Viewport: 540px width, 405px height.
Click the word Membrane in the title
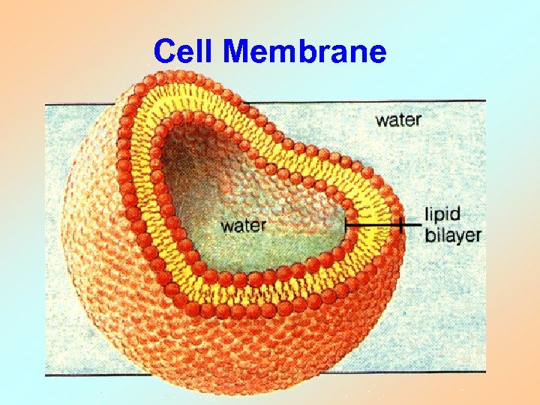point(305,52)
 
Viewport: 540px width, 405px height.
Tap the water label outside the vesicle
point(398,119)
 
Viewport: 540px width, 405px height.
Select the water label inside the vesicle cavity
point(243,225)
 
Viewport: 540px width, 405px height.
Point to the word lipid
point(442,215)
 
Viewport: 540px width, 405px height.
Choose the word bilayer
point(452,235)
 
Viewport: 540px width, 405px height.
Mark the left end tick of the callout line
point(346,223)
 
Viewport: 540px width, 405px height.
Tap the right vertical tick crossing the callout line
point(401,223)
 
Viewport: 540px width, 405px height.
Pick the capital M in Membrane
point(238,52)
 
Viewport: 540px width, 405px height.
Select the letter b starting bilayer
point(430,235)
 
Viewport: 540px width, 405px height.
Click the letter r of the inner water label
point(262,226)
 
